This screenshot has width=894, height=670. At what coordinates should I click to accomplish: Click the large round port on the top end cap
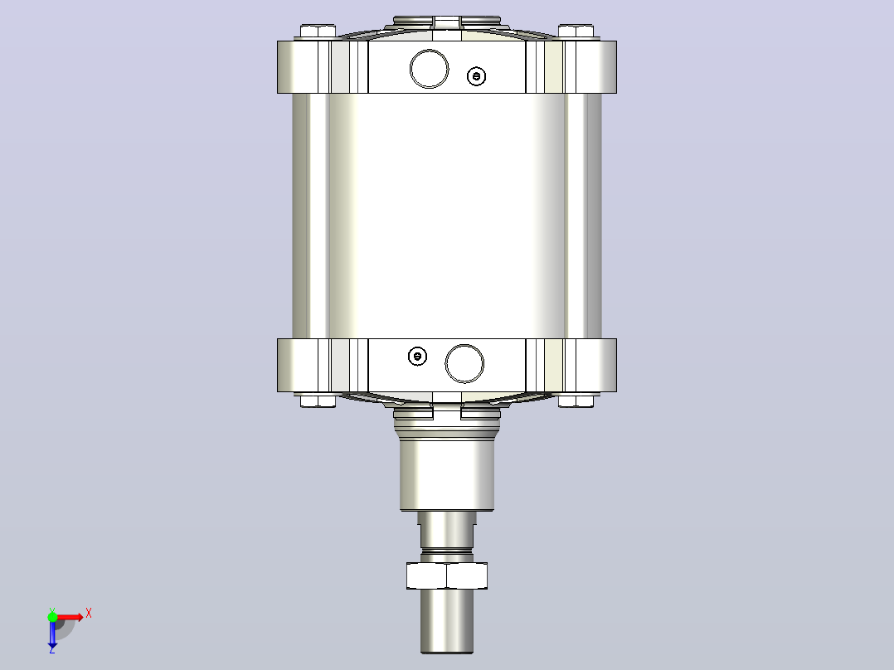(429, 69)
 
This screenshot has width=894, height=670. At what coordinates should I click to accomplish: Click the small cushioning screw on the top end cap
(476, 75)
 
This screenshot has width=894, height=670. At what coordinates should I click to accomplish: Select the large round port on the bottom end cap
(464, 364)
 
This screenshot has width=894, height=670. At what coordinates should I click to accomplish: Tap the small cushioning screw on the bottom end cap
(418, 357)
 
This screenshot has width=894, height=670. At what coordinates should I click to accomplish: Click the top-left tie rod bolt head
(318, 31)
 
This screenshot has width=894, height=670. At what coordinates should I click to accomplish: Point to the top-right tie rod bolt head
(576, 31)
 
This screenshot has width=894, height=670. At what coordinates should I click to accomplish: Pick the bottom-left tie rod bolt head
(318, 401)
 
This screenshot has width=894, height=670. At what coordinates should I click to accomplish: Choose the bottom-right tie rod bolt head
(576, 401)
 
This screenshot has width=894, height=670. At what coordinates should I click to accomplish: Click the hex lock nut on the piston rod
(447, 575)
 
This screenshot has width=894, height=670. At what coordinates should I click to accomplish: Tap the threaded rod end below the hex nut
(447, 621)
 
